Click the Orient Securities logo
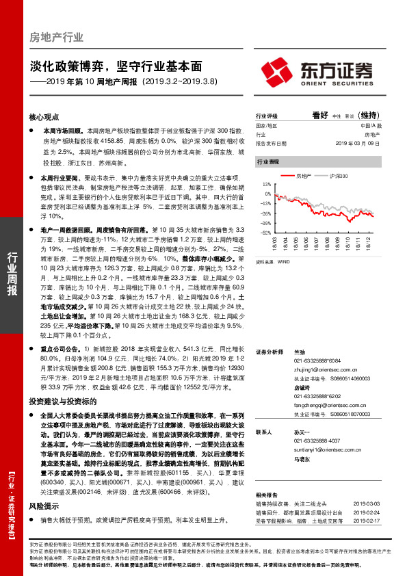[x=317, y=70]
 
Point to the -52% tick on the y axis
[x=265, y=231]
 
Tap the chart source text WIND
[x=284, y=262]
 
